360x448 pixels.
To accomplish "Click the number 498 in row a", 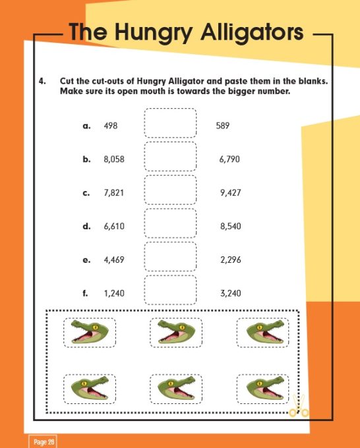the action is [111, 125].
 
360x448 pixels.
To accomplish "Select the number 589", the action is [223, 125].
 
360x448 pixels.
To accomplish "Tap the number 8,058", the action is [114, 159].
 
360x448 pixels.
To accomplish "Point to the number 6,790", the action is [231, 159].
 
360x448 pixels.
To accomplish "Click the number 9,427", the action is [231, 193].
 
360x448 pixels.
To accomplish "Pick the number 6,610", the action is [114, 227].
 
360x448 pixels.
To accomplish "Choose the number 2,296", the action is [231, 260].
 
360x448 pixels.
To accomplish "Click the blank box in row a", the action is [170, 123].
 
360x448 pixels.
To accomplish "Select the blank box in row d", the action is [170, 223].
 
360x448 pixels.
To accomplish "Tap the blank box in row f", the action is [170, 290].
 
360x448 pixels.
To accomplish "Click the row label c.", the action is [86, 193].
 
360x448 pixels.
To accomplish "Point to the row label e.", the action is [86, 260].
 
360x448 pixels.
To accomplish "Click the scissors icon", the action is [299, 408].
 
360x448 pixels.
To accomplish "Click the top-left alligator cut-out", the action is [89, 333].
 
